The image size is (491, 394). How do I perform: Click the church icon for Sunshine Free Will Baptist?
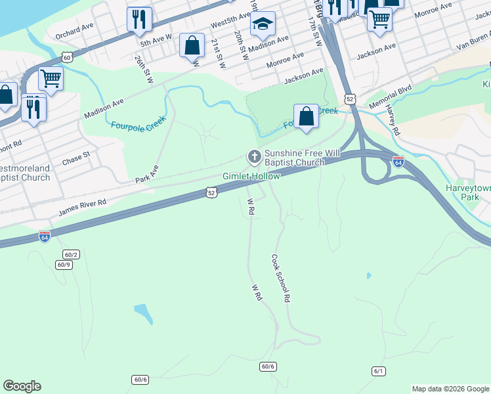click(x=254, y=157)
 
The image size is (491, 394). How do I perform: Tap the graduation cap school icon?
click(x=263, y=24)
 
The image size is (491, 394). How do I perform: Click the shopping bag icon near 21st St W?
click(x=192, y=47)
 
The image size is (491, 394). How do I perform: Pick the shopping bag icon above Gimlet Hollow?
click(x=306, y=117)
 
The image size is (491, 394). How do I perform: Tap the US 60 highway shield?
click(x=67, y=58)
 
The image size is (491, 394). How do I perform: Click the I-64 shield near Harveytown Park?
click(x=398, y=161)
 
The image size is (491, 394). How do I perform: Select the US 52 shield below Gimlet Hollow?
click(x=210, y=192)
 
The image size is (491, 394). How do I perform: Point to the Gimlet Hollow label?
click(x=251, y=176)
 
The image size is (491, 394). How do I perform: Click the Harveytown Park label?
click(x=467, y=192)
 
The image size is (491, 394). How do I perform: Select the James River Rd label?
click(x=82, y=208)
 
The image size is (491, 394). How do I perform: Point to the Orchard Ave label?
click(x=75, y=30)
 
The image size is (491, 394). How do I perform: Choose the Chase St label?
click(x=76, y=158)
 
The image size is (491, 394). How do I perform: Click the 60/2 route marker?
click(x=71, y=254)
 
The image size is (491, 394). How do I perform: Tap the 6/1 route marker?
click(x=378, y=371)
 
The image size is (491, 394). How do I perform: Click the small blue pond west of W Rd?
click(x=143, y=314)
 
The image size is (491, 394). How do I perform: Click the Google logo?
click(x=22, y=386)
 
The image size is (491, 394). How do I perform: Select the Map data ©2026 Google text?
click(x=450, y=389)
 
